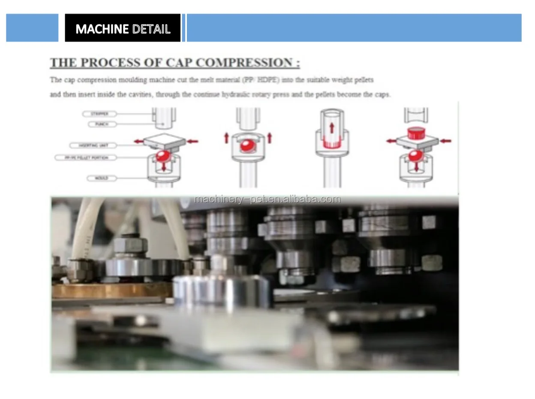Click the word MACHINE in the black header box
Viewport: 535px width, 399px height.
pyautogui.click(x=102, y=29)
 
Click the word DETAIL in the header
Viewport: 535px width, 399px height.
pyautogui.click(x=151, y=29)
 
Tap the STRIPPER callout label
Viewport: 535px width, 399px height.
pyautogui.click(x=99, y=114)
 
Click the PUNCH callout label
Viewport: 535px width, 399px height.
pyautogui.click(x=102, y=124)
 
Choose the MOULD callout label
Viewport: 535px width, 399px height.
pyautogui.click(x=101, y=178)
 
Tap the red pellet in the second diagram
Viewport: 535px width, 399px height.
pyautogui.click(x=248, y=146)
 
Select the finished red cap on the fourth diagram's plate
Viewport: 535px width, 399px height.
pyautogui.click(x=415, y=133)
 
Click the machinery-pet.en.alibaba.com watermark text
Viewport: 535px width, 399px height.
pyautogui.click(x=267, y=199)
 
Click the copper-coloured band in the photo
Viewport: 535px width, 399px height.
pyautogui.click(x=111, y=290)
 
